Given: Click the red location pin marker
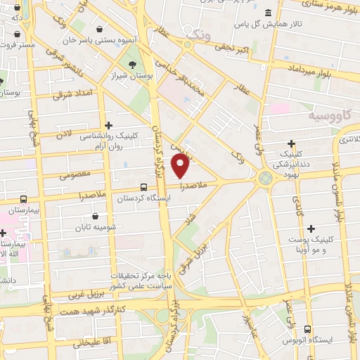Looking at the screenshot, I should (x=181, y=166).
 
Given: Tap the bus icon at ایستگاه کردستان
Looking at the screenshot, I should (x=144, y=187).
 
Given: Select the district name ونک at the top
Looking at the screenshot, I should (x=196, y=32).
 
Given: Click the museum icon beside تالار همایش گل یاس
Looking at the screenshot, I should (x=269, y=13).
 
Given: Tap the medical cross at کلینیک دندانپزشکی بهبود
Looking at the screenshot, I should (x=292, y=143).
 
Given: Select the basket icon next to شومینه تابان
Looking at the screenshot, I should (x=95, y=217).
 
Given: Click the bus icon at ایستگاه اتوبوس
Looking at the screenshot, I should (x=307, y=328).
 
